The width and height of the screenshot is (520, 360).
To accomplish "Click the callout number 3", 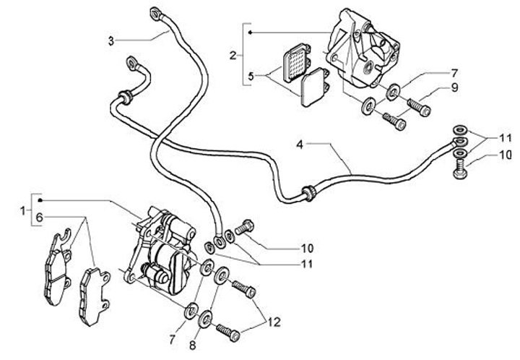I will pos(111,40).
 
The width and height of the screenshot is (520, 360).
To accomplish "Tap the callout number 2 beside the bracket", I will pos(232,55).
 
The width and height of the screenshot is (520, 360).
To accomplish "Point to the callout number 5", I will pos(251,76).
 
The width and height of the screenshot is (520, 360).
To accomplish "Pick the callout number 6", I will pos(40,217).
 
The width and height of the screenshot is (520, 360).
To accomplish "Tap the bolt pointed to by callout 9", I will pos(419,107).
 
